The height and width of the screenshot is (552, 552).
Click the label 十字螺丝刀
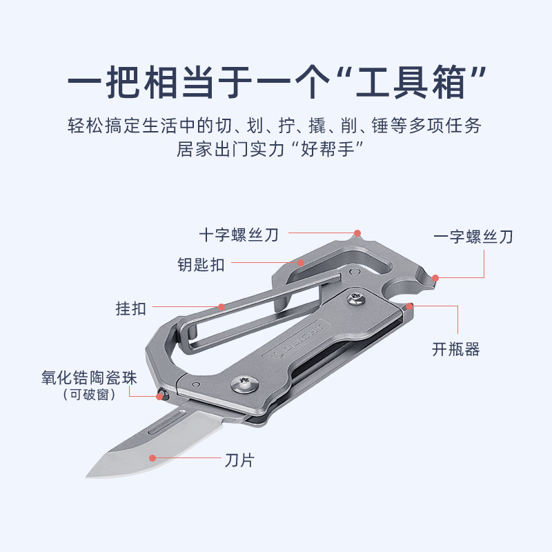click(239, 235)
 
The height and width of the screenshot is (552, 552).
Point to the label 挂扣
click(131, 308)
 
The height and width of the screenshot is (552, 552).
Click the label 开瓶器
click(456, 350)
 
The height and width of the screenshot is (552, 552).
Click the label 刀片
click(239, 460)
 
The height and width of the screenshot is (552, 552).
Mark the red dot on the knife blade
click(152, 457)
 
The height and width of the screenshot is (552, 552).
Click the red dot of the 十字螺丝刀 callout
click(357, 233)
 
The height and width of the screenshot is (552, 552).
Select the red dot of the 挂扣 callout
click(221, 306)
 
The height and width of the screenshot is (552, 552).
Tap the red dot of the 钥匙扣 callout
click(301, 262)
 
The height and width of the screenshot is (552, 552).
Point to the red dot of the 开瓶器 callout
click(409, 306)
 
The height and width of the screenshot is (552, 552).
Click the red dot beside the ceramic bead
click(157, 395)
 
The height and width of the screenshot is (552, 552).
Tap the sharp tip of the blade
click(88, 475)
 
